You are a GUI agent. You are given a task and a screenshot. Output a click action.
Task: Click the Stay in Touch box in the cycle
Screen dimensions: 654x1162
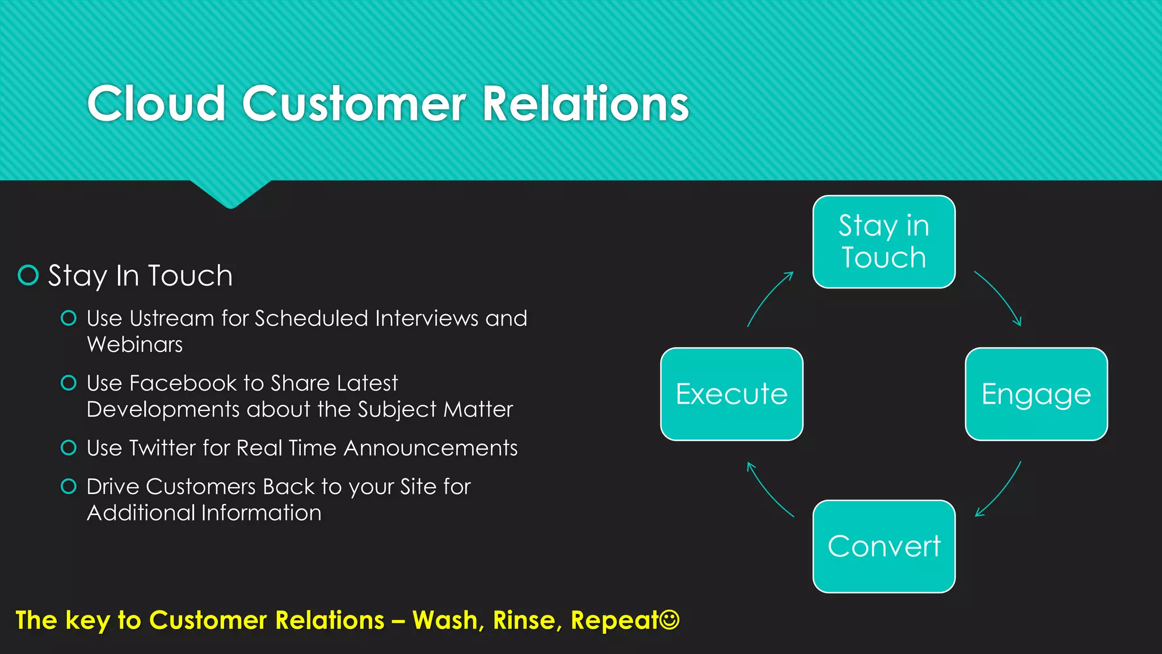pos(884,242)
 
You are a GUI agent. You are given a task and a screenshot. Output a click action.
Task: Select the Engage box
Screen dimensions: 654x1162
pos(1036,394)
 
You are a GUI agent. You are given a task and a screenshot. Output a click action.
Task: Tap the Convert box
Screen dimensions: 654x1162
pos(884,546)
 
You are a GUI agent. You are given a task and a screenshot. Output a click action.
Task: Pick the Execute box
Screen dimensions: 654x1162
pos(732,394)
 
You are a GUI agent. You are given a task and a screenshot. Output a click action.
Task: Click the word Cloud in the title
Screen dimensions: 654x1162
pos(156,103)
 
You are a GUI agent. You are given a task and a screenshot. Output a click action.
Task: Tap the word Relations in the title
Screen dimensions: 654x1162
pos(585,103)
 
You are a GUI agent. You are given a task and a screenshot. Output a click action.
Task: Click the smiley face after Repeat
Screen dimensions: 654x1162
pos(670,619)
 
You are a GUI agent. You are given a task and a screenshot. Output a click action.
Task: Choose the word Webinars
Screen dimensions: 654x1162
pos(135,345)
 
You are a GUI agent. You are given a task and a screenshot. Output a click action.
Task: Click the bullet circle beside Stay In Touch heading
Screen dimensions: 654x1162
pos(28,275)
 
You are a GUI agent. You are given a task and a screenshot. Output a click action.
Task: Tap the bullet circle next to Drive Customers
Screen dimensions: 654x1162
pos(69,487)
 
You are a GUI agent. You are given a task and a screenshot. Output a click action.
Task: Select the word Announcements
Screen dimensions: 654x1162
pos(431,448)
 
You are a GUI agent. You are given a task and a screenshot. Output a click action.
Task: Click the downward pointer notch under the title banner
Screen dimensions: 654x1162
pos(230,196)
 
